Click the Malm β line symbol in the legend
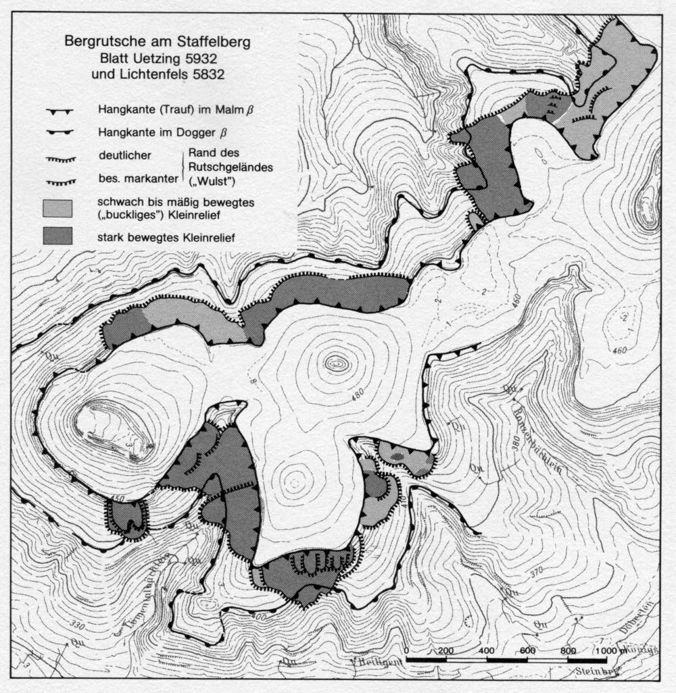tap(60, 109)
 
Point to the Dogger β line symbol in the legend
tap(60, 132)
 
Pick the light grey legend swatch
tap(58, 207)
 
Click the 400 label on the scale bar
tap(485, 650)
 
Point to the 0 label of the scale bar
tap(406, 650)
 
